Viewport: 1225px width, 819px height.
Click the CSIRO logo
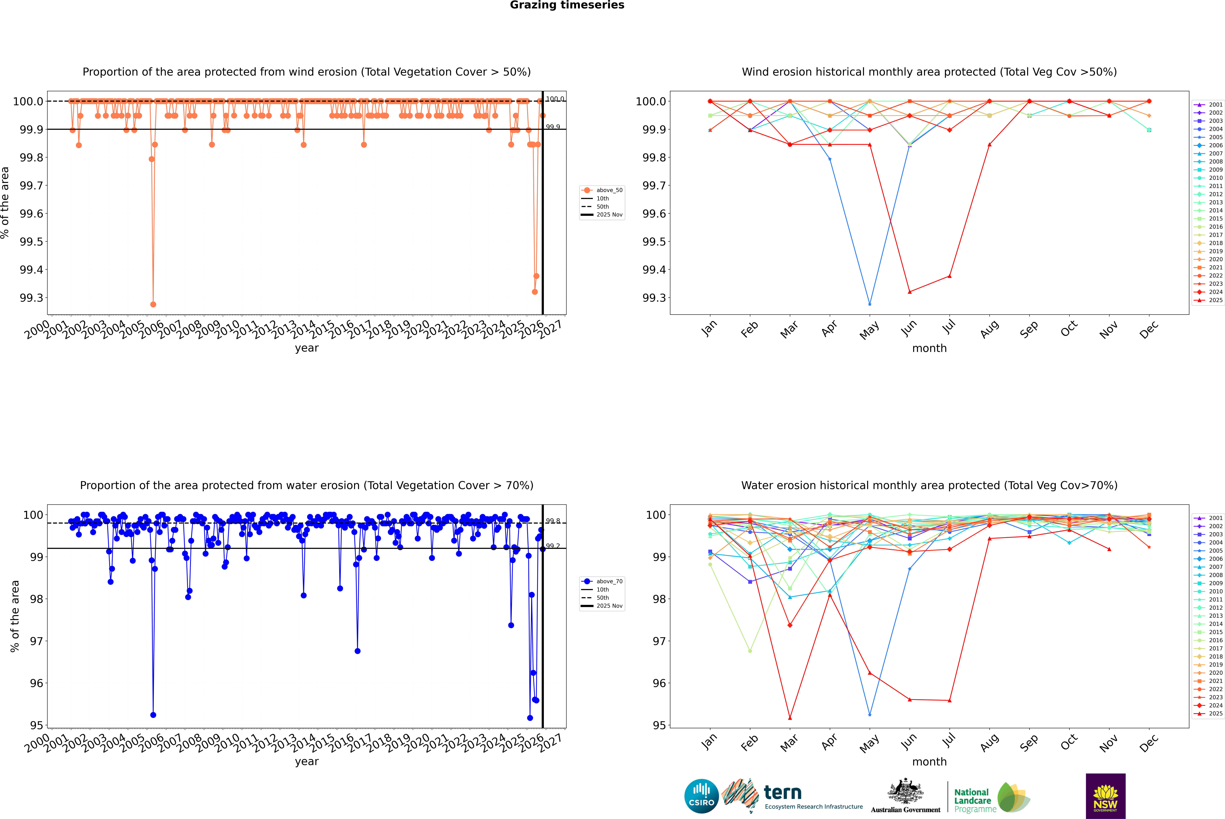(x=701, y=796)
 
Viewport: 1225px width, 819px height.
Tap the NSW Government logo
(x=1105, y=796)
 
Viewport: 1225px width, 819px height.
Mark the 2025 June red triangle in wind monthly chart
(x=910, y=292)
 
